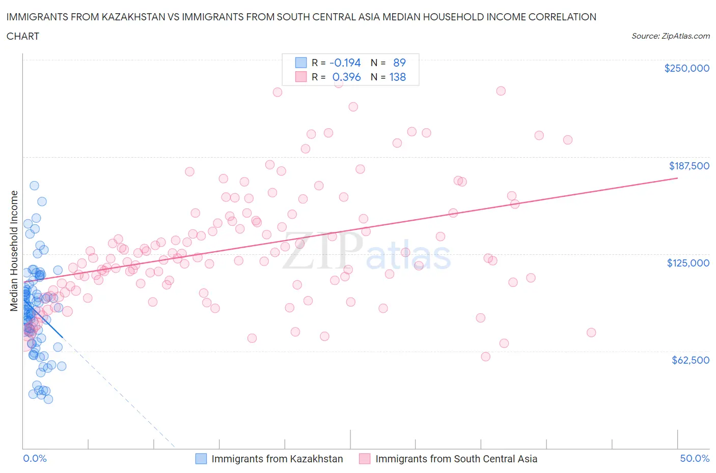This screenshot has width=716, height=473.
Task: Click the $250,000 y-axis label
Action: [x=686, y=69]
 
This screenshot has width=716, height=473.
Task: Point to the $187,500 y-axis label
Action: [x=689, y=166]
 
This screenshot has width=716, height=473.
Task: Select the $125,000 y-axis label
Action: [x=687, y=263]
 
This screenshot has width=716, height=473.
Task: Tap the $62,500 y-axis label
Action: [x=690, y=360]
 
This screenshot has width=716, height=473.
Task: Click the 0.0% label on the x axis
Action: [x=35, y=459]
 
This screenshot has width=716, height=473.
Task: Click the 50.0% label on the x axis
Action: [x=695, y=459]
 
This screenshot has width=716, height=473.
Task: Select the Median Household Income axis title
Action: [x=14, y=251]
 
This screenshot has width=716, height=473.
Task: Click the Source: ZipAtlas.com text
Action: [x=670, y=36]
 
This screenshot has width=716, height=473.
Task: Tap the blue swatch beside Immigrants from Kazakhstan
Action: [x=201, y=459]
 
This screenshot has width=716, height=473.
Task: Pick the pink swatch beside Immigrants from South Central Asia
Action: [x=365, y=459]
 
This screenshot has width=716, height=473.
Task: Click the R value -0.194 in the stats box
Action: [x=345, y=63]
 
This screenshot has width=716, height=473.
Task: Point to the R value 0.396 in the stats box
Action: [x=346, y=77]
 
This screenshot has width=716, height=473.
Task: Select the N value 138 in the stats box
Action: [x=397, y=77]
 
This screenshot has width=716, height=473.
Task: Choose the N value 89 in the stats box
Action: [x=399, y=63]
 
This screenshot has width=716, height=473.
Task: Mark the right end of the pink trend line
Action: [x=677, y=178]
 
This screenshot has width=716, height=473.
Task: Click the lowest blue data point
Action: [x=48, y=399]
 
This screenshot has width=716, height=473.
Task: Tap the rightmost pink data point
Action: [x=591, y=333]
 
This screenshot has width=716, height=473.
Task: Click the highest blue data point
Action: [x=34, y=186]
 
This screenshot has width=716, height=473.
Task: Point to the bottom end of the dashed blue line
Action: [x=175, y=448]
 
